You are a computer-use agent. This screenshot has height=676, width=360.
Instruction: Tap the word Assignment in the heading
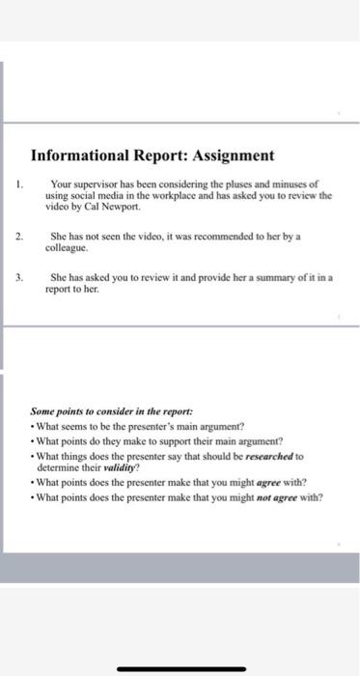point(229,155)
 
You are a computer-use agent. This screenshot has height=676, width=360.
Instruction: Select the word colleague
point(68,247)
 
